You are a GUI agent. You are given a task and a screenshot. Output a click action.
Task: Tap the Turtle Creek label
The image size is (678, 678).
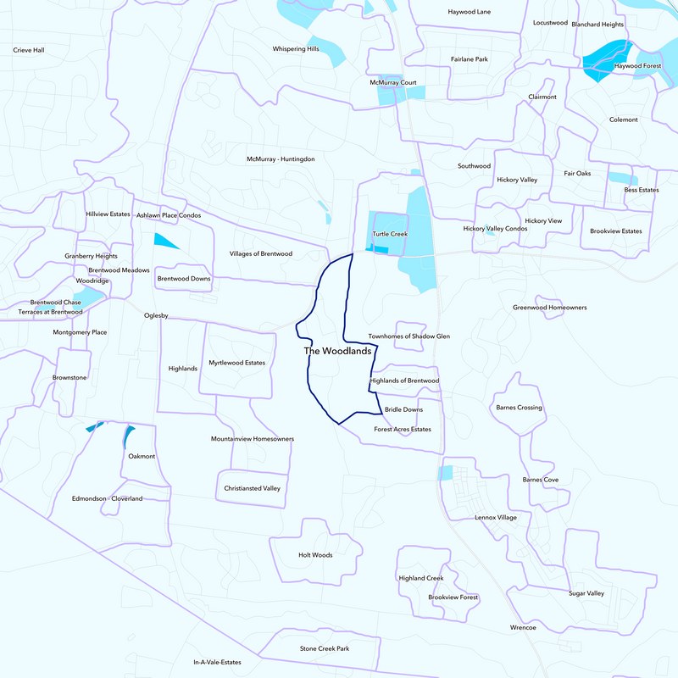390,233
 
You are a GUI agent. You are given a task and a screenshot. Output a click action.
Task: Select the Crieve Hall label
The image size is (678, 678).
28,50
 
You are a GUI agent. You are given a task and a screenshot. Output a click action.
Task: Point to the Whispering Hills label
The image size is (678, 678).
296,49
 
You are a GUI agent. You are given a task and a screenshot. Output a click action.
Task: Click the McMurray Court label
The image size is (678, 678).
393,82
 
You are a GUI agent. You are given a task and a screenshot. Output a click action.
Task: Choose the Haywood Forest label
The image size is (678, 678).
637,65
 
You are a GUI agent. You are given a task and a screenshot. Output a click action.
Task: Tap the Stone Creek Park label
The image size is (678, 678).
325,648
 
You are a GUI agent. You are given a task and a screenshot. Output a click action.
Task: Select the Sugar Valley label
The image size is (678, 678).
586,593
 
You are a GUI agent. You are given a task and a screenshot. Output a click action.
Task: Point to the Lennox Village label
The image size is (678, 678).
496,517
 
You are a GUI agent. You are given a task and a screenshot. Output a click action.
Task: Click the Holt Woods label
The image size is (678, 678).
315,555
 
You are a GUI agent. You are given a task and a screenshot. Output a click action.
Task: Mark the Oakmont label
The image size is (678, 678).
142,457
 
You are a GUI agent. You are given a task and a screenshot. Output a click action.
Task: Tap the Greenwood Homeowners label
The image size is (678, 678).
550,307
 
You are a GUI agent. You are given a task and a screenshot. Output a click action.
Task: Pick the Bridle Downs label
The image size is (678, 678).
403,409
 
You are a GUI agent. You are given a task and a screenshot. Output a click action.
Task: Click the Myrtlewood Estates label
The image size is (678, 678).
237,363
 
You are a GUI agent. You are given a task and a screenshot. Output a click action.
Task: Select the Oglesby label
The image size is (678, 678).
157,316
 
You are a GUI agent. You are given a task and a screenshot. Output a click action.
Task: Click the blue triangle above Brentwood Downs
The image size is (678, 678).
164,241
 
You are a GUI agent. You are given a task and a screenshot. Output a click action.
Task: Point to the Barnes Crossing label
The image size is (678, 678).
519,408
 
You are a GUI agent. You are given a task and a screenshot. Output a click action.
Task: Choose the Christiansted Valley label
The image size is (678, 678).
253,488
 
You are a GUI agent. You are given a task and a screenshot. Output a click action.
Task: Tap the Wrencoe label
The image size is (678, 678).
523,627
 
